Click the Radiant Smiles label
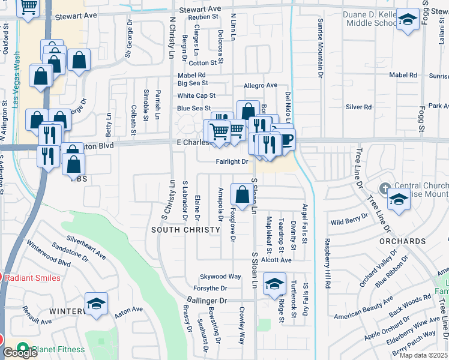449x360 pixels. click(x=32, y=278)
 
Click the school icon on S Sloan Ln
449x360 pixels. click(x=274, y=283)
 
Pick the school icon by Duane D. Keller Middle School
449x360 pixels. click(x=408, y=20)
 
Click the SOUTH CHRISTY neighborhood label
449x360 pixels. click(x=185, y=230)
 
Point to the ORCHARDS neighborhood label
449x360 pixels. click(x=402, y=241)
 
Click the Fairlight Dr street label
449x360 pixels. click(x=232, y=161)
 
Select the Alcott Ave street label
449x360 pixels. click(x=276, y=260)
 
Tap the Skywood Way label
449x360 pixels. click(x=220, y=277)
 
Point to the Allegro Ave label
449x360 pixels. click(x=260, y=86)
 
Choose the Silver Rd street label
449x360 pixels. click(x=358, y=107)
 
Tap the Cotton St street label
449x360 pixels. click(x=202, y=62)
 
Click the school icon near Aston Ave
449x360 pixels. click(x=95, y=305)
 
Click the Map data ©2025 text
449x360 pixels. click(x=423, y=355)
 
